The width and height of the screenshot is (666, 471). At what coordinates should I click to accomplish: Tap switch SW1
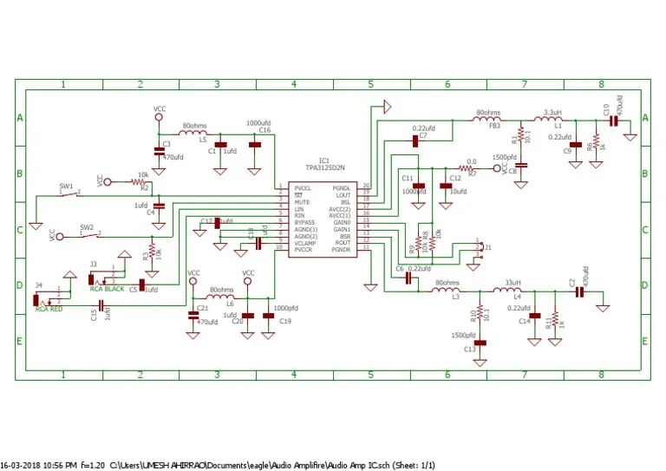67,193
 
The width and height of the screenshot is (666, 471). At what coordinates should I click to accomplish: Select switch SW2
87,232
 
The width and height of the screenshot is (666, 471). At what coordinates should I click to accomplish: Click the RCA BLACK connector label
108,288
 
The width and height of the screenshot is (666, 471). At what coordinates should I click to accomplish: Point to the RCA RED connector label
49,308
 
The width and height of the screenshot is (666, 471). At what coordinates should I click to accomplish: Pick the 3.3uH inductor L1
551,121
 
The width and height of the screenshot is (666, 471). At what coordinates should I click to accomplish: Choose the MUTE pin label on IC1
302,202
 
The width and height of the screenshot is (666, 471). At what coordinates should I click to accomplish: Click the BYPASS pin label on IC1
305,222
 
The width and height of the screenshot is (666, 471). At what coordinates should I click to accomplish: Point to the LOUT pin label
342,195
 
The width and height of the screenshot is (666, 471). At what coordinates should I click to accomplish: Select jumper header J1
479,248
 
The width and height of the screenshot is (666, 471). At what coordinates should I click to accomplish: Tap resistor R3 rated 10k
152,251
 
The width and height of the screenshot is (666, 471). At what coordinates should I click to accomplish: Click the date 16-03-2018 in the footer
26,465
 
